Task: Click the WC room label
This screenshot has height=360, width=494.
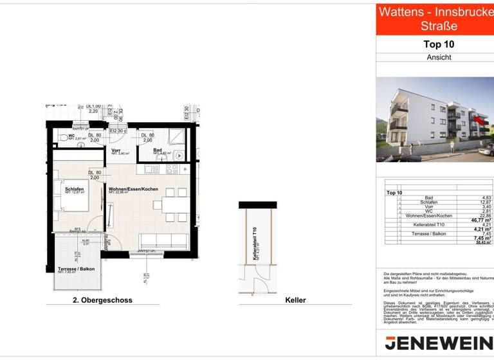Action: pos(71,136)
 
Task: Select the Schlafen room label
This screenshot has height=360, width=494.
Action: pos(75,189)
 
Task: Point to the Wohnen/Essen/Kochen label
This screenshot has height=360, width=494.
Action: pos(134,189)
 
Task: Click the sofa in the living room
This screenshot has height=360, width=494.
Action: pos(164,242)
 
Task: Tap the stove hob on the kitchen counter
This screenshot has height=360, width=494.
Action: pos(172,169)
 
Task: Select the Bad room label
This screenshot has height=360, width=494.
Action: pos(158,150)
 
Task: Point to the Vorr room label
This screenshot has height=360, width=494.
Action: pos(116,150)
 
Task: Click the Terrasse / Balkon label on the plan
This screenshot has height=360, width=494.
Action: pos(76,269)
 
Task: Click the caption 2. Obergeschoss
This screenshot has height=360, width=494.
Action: pos(103,300)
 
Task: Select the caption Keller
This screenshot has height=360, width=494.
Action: pos(295,300)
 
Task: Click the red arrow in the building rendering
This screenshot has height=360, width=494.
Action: pos(478,118)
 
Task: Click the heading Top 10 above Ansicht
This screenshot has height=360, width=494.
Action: pos(439,44)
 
